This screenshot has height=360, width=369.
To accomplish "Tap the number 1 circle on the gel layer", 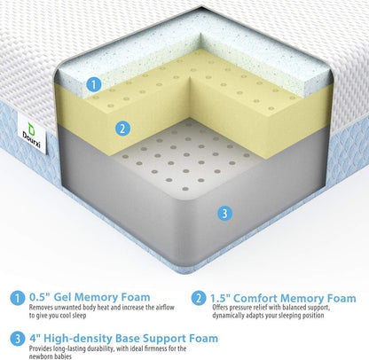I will point(92,86).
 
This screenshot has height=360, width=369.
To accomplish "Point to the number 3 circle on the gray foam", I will point(224,213).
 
